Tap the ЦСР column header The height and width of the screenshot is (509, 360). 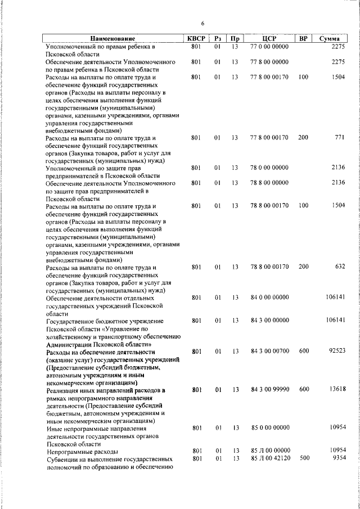(269, 38)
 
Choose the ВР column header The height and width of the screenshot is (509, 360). (303, 38)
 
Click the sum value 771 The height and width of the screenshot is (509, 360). (339, 137)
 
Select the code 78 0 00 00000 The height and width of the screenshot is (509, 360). (269, 168)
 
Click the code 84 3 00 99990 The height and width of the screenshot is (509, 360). (269, 389)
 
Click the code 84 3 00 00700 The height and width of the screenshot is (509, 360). (269, 350)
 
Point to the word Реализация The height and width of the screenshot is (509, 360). (65, 390)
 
